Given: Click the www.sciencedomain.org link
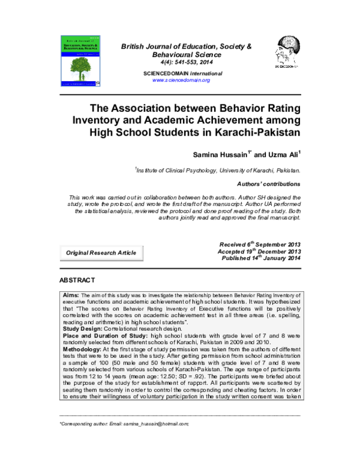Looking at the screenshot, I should [x=181, y=80].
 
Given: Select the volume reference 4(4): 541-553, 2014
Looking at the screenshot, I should [x=182, y=62].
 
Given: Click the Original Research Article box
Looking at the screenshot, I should [x=100, y=253].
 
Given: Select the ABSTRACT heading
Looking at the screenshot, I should [x=77, y=280].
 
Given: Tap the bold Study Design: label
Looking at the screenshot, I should [x=83, y=328].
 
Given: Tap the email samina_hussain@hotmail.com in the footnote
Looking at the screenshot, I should [x=153, y=423].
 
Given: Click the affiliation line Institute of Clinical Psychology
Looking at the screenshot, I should [x=217, y=171].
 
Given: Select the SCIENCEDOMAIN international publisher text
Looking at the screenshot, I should [x=182, y=73].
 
